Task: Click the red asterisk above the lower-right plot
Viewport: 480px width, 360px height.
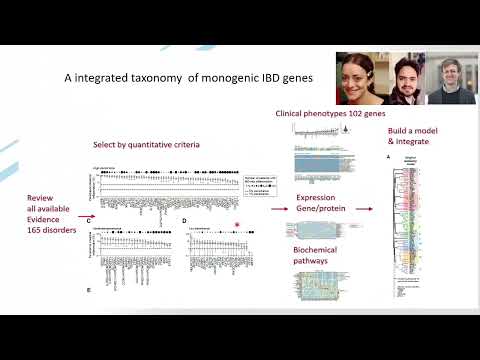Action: point(237,223)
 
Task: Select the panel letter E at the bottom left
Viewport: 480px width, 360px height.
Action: point(88,289)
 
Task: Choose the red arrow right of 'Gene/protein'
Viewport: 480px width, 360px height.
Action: point(362,209)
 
